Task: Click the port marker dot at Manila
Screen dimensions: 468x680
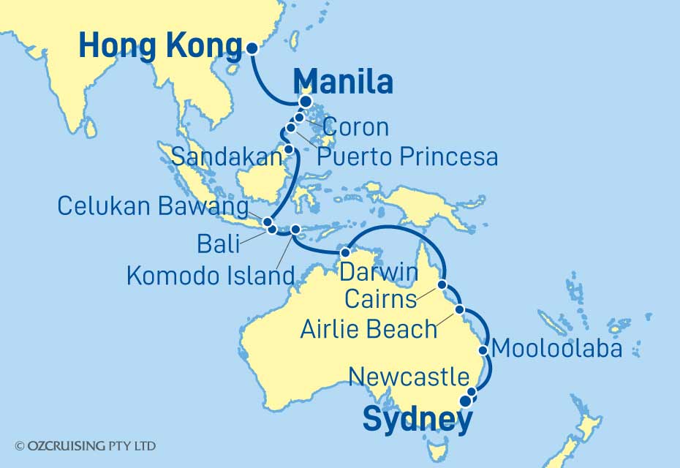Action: point(306,102)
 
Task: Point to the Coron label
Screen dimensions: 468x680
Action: point(355,127)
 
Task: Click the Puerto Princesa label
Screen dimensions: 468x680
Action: point(408,156)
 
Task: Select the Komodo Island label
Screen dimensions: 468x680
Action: point(211,276)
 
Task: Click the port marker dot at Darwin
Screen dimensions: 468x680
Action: point(345,252)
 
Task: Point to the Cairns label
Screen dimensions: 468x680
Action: point(381,298)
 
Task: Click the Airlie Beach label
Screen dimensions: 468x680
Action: point(369,329)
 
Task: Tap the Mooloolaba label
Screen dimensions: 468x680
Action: point(557,349)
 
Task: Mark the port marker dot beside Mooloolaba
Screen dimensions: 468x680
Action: point(483,350)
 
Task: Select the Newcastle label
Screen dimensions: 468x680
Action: point(409,377)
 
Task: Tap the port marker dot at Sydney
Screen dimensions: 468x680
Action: point(465,399)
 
